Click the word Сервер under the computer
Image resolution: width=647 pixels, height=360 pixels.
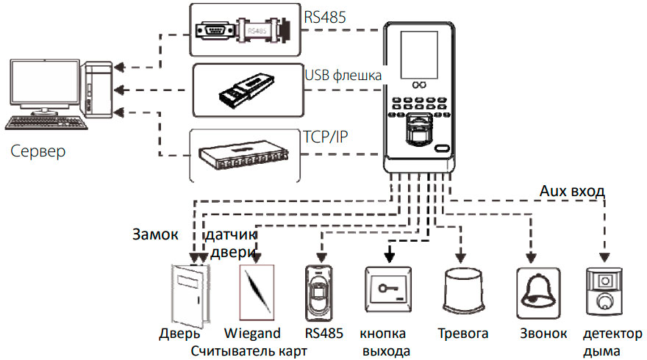(37, 151)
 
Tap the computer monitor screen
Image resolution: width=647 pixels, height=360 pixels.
(45, 84)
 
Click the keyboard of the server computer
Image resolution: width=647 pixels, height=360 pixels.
(46, 123)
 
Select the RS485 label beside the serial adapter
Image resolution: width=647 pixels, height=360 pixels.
(325, 18)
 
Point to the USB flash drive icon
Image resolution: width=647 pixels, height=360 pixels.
(246, 89)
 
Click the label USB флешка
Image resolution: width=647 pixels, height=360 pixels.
(343, 75)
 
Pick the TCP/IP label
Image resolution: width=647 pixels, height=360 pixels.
(326, 137)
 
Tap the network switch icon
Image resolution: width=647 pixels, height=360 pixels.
(243, 156)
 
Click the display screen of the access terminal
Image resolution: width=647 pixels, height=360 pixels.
(419, 55)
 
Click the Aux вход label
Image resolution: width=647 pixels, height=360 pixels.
(572, 191)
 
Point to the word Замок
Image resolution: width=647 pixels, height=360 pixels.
(155, 234)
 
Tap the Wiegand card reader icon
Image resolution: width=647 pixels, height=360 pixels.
(257, 292)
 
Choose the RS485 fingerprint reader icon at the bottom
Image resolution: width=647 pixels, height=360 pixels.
(318, 293)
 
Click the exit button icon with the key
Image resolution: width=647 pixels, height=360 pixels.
(388, 289)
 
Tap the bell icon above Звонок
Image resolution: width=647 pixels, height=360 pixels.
(538, 293)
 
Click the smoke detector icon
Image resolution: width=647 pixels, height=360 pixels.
(604, 292)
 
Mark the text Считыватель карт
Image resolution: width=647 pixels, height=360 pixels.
(249, 351)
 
